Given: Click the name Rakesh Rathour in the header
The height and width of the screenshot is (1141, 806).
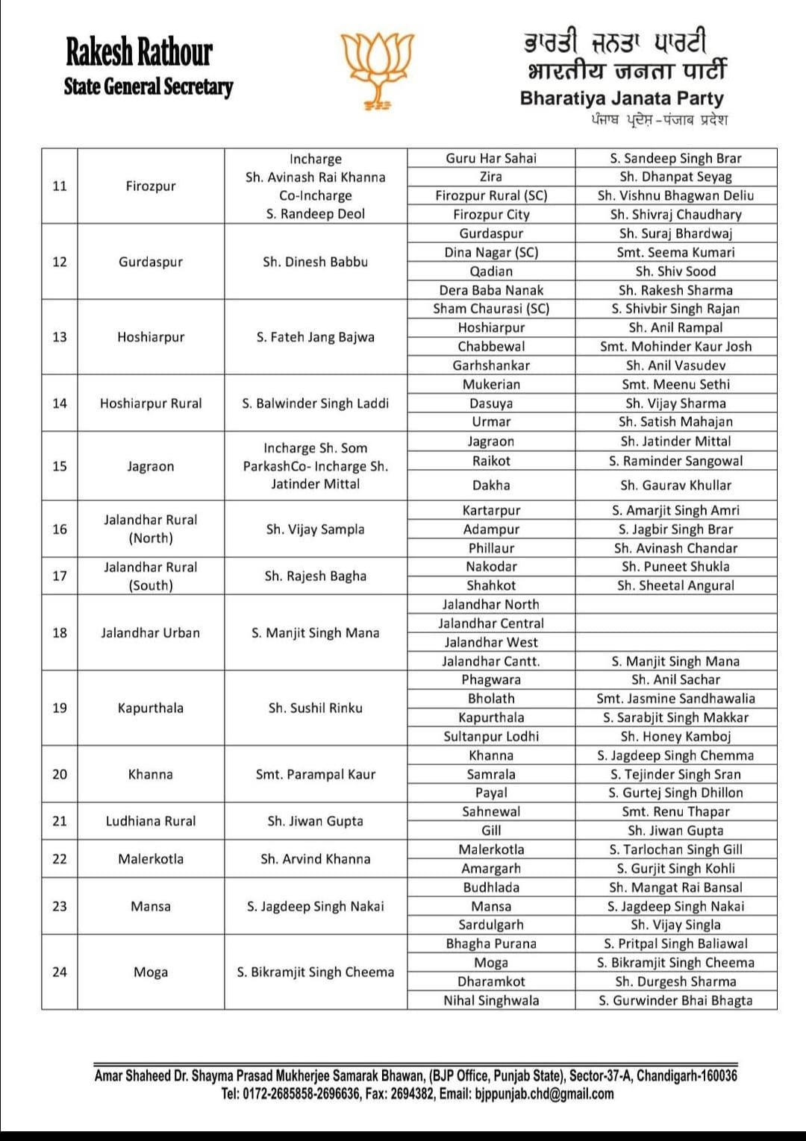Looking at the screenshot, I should tap(139, 52).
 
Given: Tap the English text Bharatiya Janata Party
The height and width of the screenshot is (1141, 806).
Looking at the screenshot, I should tap(622, 98).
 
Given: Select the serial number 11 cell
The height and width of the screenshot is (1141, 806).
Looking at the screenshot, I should tap(60, 186).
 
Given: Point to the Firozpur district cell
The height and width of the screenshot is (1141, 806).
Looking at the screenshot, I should tap(151, 186).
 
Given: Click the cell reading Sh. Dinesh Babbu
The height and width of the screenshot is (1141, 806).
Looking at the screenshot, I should tap(315, 262).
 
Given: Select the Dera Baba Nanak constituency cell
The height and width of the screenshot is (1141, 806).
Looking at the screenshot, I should tap(491, 290).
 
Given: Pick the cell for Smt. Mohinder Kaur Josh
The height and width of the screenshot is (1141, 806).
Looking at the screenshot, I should tap(675, 346).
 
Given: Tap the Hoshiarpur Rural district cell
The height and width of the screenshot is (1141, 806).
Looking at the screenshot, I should tap(151, 403).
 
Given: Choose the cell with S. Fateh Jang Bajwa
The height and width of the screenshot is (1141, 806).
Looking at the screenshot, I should tap(315, 337).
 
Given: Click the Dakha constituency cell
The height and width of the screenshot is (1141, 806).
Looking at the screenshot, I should tap(491, 485).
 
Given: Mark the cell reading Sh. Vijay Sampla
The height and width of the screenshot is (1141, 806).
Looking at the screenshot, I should tap(315, 529).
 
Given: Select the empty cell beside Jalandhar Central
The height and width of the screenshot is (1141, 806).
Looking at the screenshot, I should tap(675, 623).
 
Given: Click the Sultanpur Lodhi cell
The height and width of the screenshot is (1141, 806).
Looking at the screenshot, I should tap(491, 736).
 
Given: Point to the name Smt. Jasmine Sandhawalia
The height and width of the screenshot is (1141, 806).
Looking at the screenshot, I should tap(675, 699).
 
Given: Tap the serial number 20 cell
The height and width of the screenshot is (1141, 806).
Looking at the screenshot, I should tap(60, 774).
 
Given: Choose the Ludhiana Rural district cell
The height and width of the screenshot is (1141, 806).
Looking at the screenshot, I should tap(151, 821).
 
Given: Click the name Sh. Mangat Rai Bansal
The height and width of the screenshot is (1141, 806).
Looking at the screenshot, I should tap(675, 887).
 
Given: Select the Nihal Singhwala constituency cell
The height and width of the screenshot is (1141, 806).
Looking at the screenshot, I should tap(491, 1000).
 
